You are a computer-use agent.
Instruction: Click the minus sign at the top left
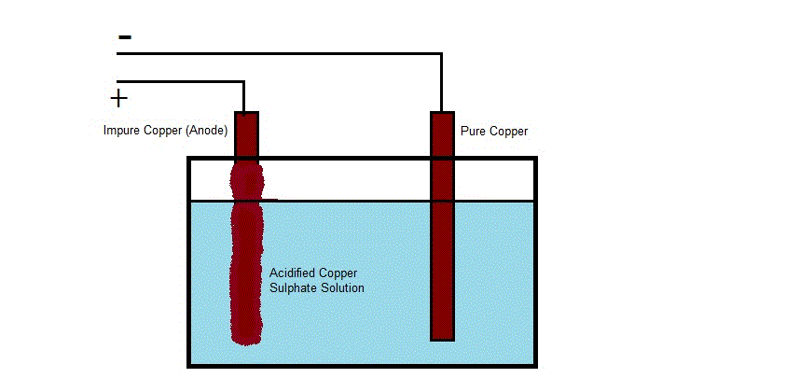(125, 37)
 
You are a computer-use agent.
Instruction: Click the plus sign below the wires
(118, 99)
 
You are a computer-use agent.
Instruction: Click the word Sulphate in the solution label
(290, 288)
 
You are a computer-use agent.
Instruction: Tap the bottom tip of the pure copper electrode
(442, 341)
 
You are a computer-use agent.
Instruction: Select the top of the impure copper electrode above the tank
(246, 113)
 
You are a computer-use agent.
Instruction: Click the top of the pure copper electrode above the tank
(442, 113)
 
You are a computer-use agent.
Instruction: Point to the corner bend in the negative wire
(441, 53)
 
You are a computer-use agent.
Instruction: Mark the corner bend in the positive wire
(243, 82)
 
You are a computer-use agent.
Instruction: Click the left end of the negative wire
(117, 53)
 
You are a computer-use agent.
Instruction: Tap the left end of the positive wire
(117, 82)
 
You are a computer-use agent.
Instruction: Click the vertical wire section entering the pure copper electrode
(441, 82)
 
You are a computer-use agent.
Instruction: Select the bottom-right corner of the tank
(536, 366)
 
